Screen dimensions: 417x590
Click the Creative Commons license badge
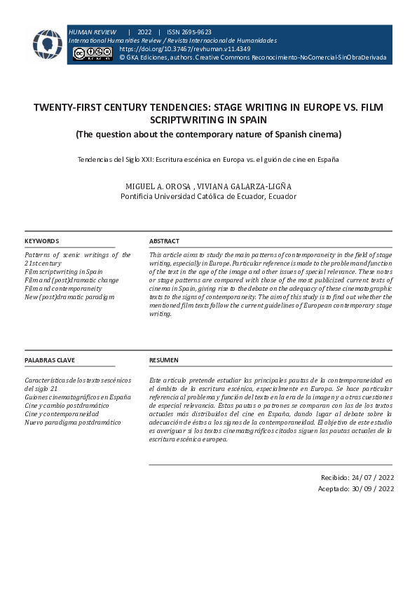pos(93,53)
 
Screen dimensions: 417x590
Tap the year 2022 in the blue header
pos(144,32)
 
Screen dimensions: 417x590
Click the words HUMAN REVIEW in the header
pos(93,32)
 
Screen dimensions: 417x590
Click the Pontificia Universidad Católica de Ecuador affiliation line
pos(208,196)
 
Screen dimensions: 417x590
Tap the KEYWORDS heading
pos(41,241)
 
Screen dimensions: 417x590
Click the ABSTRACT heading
pos(164,241)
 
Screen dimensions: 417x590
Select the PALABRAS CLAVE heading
pos(50,360)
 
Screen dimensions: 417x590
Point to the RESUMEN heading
pos(164,360)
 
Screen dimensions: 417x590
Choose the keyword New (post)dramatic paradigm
pos(69,297)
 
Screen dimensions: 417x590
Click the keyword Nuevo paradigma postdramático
pos(72,423)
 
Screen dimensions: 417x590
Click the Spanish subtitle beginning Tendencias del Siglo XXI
pos(208,159)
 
